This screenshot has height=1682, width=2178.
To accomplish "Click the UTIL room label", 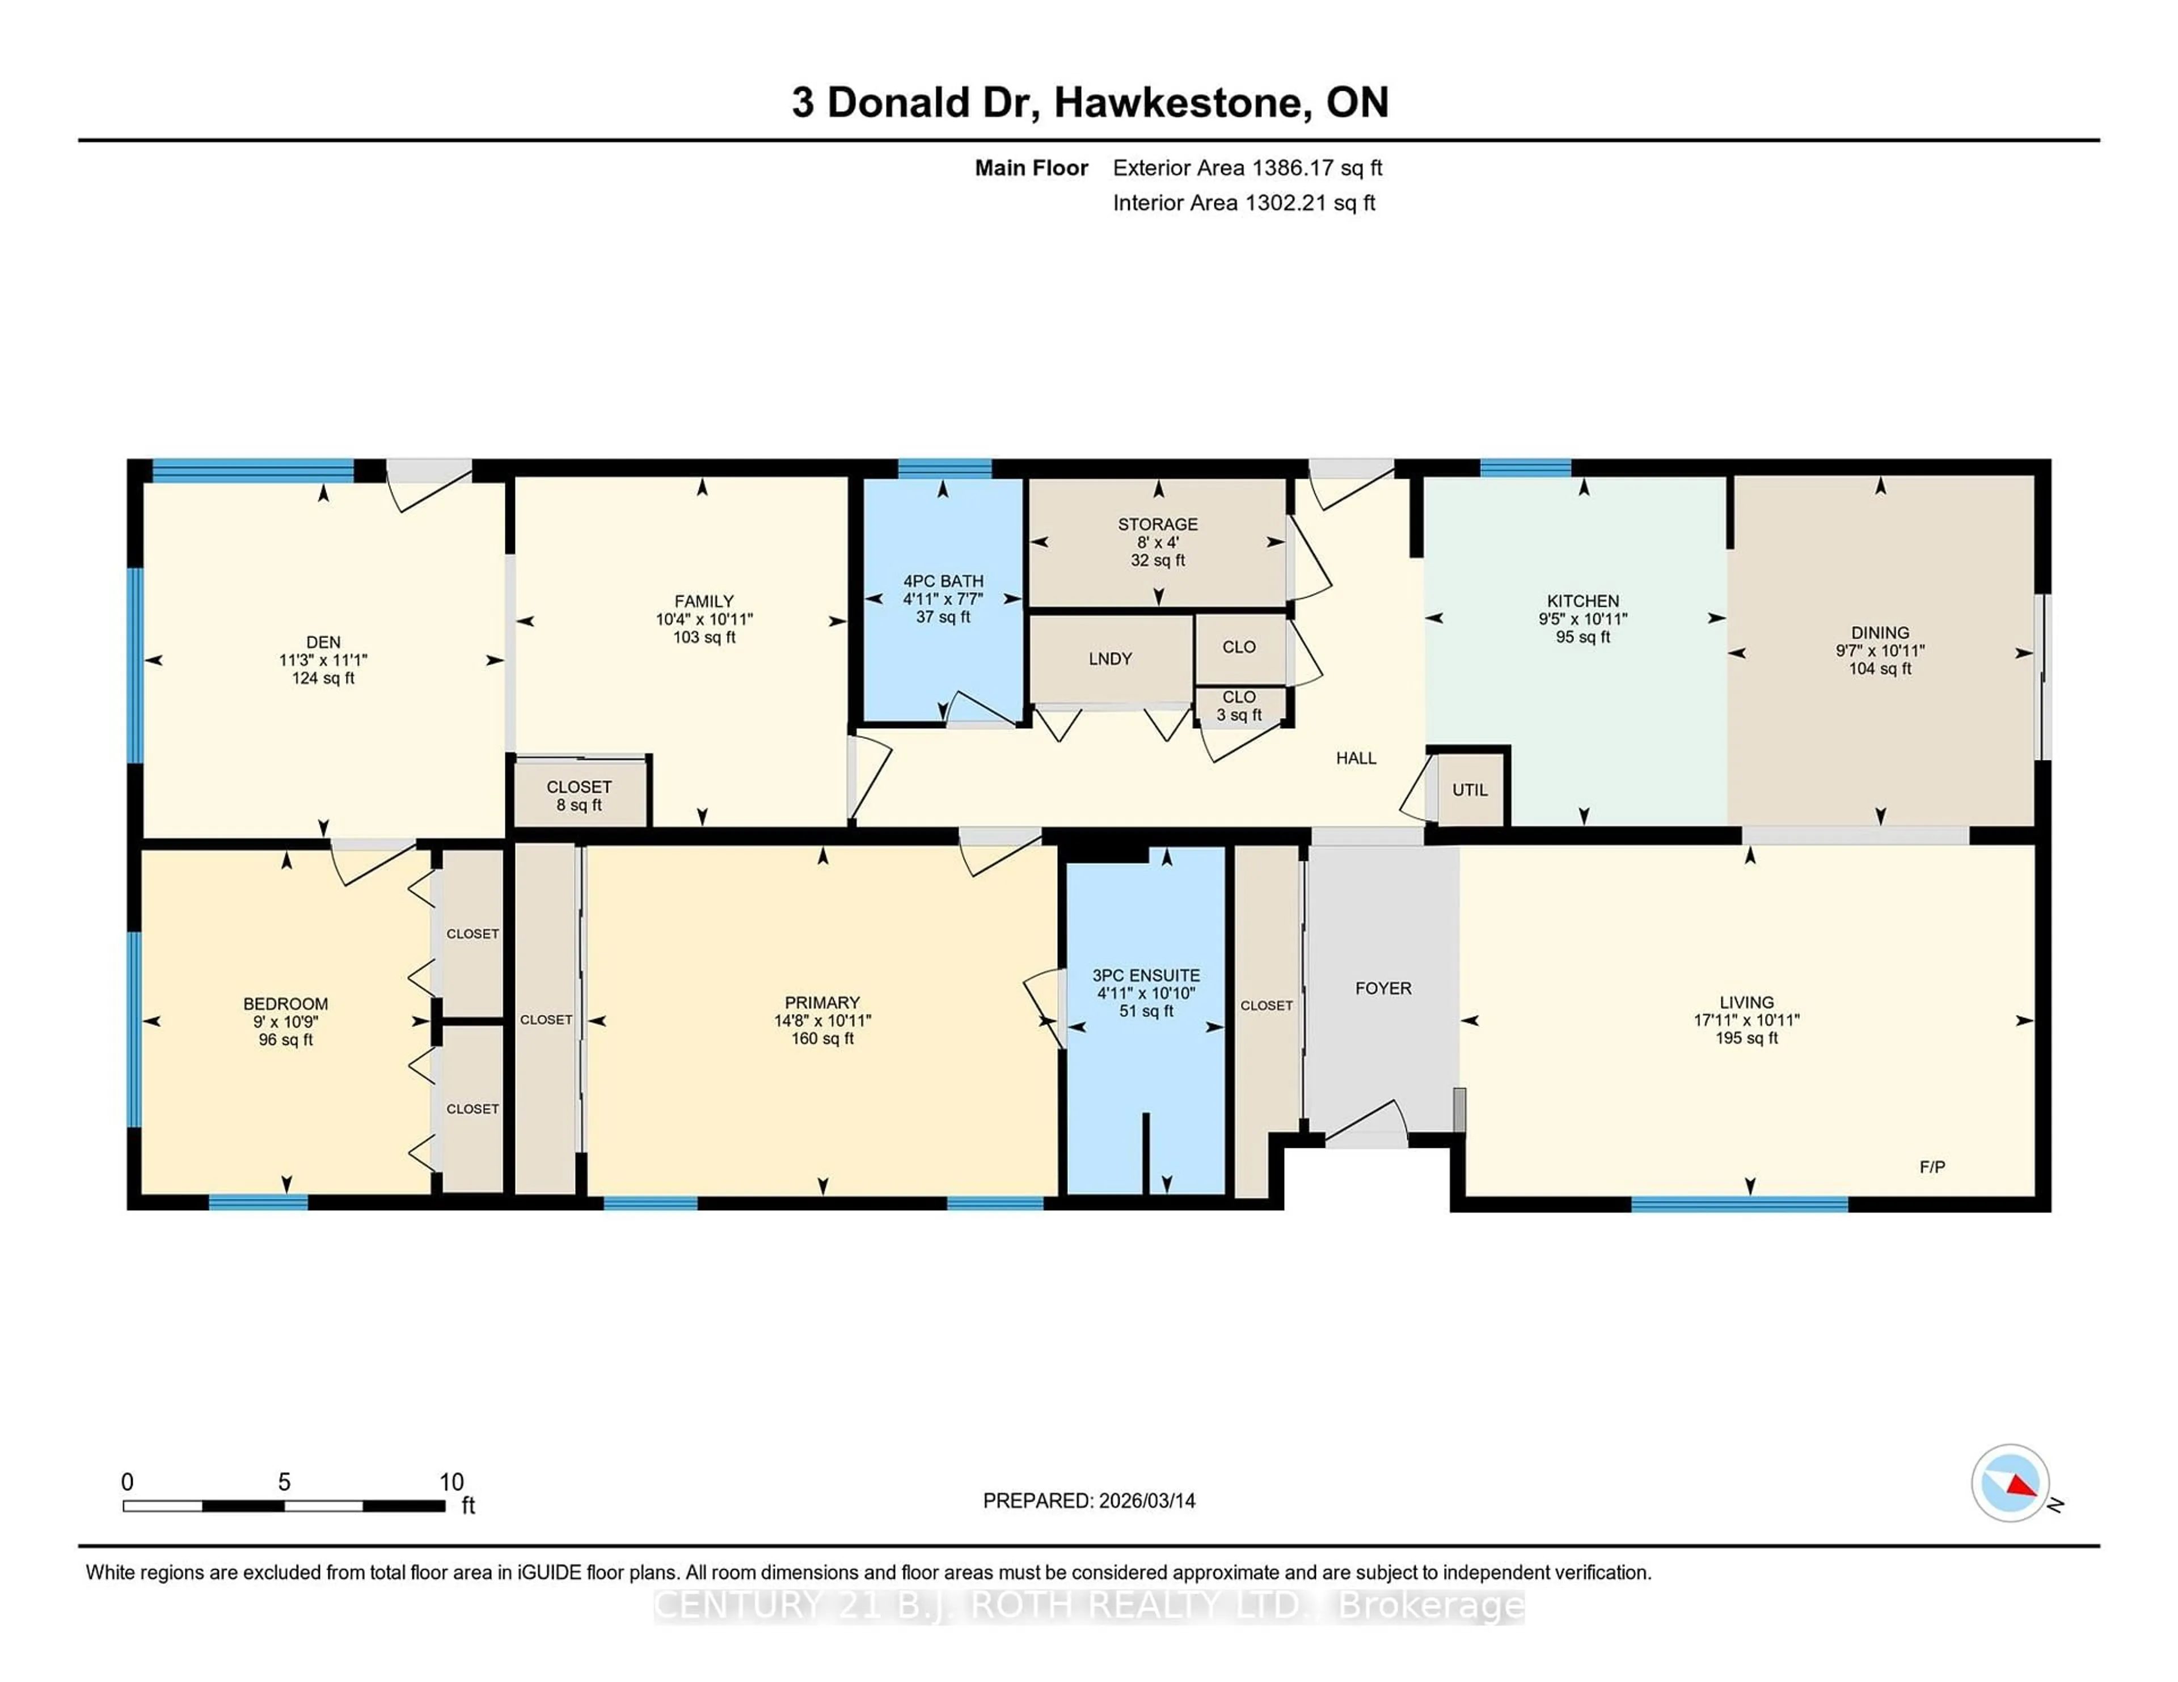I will coord(1469,789).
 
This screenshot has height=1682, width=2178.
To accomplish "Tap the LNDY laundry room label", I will coord(1110,659).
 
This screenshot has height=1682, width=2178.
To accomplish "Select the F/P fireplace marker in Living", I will coord(1932,1167).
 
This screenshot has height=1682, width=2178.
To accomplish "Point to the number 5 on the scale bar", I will coord(284,1482).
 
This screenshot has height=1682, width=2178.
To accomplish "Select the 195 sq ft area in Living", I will coord(1746,1038).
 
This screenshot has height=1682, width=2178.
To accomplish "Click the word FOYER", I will coord(1383,988).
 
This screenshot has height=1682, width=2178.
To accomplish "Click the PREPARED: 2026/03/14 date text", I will coord(1089,1501).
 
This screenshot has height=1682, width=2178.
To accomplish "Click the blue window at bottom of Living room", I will coord(1739,1205).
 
